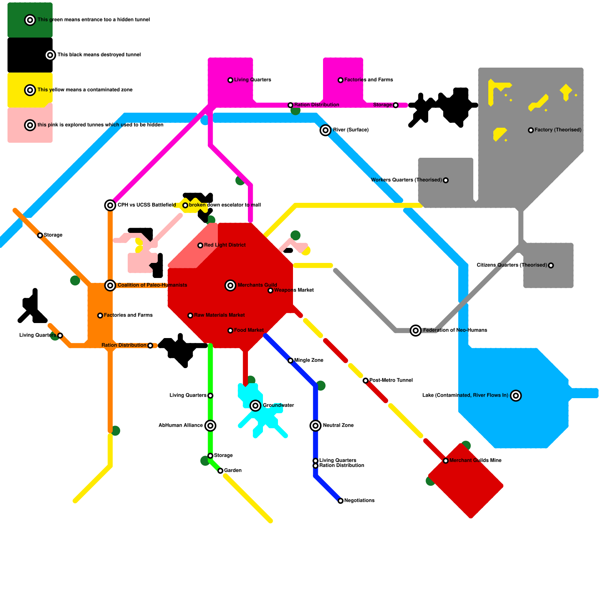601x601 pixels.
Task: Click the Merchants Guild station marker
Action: (230, 285)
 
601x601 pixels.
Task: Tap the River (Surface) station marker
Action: (325, 130)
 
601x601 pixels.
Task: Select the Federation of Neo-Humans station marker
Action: (415, 331)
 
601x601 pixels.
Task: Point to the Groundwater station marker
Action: (255, 406)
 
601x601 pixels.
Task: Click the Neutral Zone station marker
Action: (316, 426)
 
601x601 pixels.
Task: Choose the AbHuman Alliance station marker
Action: (210, 426)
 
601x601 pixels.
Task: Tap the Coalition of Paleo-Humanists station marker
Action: (110, 285)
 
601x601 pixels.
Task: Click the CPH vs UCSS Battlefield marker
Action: (110, 205)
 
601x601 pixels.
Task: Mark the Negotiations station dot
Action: (340, 501)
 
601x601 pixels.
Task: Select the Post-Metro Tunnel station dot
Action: (365, 381)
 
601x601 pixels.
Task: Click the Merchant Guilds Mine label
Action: (475, 461)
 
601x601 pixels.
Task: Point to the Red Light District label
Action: (225, 245)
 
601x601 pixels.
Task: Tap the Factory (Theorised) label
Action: (558, 130)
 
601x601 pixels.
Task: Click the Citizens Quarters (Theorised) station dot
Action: (551, 266)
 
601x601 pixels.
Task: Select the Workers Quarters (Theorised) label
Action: (406, 180)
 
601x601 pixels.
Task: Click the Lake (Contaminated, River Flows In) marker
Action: (516, 396)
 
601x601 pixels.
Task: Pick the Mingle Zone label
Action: (309, 360)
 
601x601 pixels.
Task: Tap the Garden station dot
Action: (220, 471)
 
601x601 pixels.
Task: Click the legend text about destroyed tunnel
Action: (99, 55)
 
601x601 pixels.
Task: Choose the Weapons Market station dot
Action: (270, 290)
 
